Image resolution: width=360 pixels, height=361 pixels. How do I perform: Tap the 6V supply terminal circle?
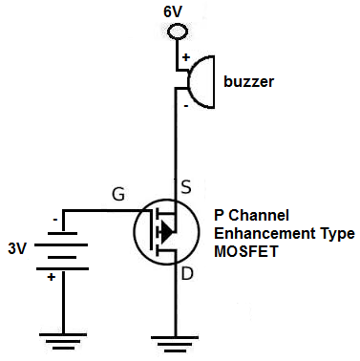coord(177,32)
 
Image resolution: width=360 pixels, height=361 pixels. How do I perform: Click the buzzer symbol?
coord(201,79)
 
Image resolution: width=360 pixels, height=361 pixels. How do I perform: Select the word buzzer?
coord(249,82)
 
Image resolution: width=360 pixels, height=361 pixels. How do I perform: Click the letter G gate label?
coord(118,195)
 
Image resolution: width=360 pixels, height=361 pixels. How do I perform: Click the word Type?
coord(335,233)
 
